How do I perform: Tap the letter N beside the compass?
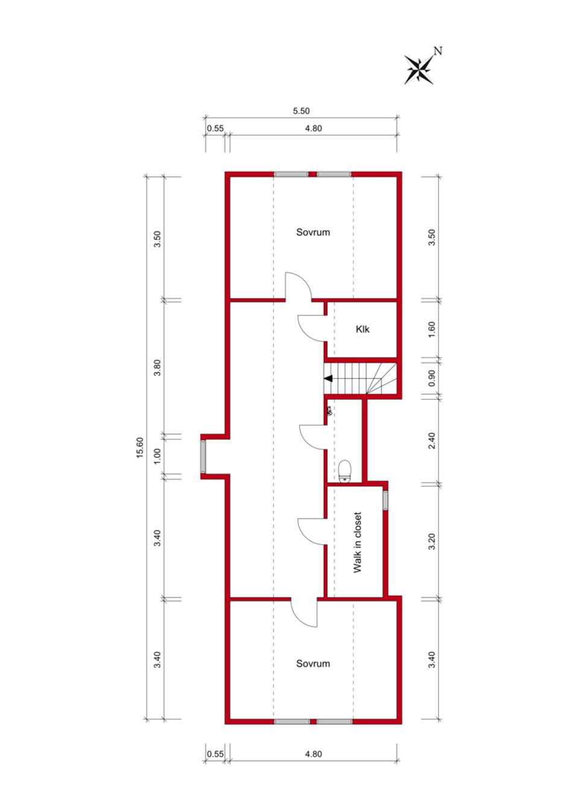[438, 51]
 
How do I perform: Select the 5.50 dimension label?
[302, 111]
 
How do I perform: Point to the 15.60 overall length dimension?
[140, 447]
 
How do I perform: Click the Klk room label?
[362, 329]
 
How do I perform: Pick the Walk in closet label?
[358, 542]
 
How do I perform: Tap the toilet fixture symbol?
[344, 471]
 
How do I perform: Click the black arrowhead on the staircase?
[329, 378]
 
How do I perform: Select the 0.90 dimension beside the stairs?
[432, 378]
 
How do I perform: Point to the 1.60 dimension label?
[432, 329]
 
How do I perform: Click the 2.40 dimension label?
[432, 441]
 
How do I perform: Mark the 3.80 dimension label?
[157, 367]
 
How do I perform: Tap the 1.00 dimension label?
[157, 456]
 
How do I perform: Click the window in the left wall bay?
[203, 456]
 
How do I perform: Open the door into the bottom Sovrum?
[304, 612]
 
